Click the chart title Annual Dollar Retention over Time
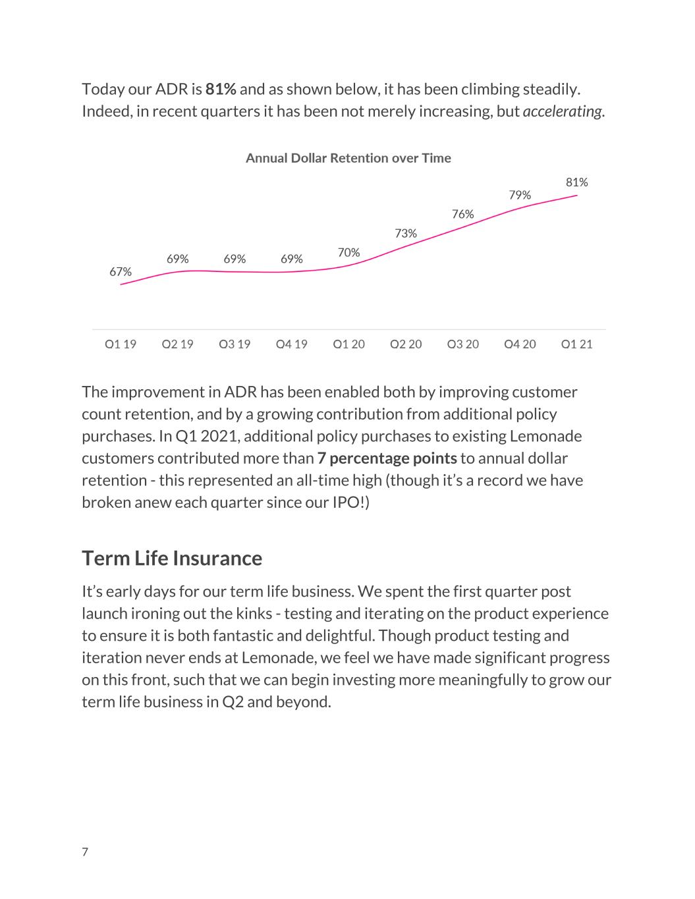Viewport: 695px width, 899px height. (348, 158)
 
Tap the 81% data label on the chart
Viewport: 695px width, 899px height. (576, 182)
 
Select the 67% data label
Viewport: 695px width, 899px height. (121, 272)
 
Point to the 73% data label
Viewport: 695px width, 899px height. (405, 234)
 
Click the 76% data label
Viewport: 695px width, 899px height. (462, 214)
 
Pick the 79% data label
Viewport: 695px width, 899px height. (520, 195)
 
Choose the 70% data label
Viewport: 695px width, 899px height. (348, 253)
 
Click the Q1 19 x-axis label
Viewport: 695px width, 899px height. (121, 344)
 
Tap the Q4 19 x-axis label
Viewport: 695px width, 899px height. (292, 344)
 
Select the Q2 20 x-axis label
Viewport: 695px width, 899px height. (406, 344)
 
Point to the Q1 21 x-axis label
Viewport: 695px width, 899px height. (576, 344)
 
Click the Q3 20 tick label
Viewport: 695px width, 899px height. (463, 344)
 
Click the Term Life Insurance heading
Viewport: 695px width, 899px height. (172, 558)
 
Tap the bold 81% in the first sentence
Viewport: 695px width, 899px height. (221, 90)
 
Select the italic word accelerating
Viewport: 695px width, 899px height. (562, 112)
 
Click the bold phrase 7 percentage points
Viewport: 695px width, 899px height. (387, 459)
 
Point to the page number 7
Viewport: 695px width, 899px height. (85, 852)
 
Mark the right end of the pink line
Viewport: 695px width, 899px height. (577, 195)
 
